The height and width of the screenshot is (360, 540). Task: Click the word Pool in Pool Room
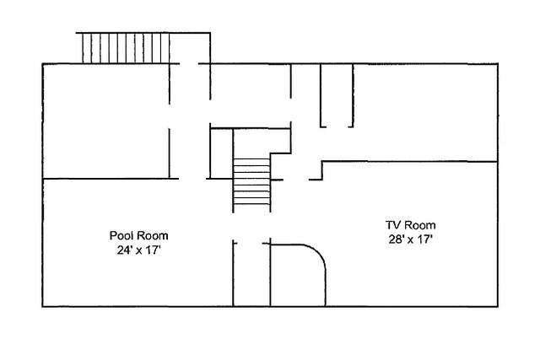click(x=121, y=235)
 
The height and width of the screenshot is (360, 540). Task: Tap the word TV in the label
click(x=394, y=225)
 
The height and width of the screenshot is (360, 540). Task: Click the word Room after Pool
click(x=149, y=235)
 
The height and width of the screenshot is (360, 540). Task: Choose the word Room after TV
click(x=421, y=225)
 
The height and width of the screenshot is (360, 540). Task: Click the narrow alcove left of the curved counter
click(x=251, y=274)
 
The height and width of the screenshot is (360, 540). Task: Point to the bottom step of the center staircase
click(x=252, y=207)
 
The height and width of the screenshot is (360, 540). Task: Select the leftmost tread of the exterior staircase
click(x=81, y=47)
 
